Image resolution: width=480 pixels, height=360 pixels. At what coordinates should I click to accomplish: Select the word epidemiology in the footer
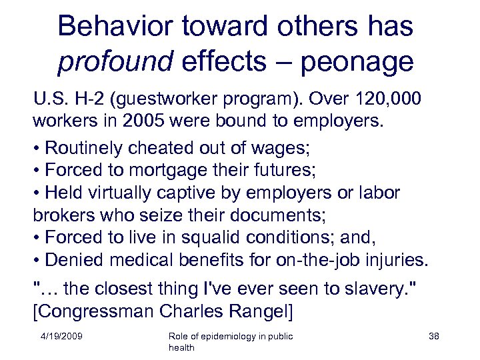(x=229, y=337)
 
